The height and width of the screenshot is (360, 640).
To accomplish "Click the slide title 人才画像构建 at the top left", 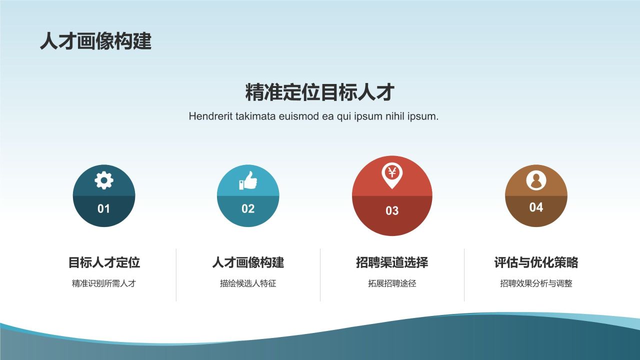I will pyautogui.click(x=95, y=41).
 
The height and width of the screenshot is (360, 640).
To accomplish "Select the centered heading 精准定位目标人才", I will pyautogui.click(x=320, y=92).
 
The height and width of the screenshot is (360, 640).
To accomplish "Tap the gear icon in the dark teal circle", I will pyautogui.click(x=104, y=180).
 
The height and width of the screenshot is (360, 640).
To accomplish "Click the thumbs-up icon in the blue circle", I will pyautogui.click(x=248, y=180).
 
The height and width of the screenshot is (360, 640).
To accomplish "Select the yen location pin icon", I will pyautogui.click(x=392, y=175).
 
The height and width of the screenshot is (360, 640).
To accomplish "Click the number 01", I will pyautogui.click(x=103, y=208).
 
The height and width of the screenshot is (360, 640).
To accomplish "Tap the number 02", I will pyautogui.click(x=248, y=208).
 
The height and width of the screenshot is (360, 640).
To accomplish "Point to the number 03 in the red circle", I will pyautogui.click(x=392, y=211).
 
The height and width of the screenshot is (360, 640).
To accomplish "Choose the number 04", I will pyautogui.click(x=536, y=207).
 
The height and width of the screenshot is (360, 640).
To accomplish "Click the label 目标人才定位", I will pyautogui.click(x=104, y=262).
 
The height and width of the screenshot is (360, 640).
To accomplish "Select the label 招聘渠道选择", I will pyautogui.click(x=392, y=262).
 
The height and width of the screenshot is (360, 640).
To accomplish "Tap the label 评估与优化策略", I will pyautogui.click(x=536, y=262).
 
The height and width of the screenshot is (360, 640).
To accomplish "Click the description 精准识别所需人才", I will pyautogui.click(x=104, y=283).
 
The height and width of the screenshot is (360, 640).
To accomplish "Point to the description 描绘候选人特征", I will pyautogui.click(x=248, y=283).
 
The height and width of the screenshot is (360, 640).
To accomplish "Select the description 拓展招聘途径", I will pyautogui.click(x=392, y=283).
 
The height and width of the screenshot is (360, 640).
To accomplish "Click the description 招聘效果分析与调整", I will pyautogui.click(x=536, y=283).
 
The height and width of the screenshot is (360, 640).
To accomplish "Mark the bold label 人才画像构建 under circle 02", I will pyautogui.click(x=248, y=262).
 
